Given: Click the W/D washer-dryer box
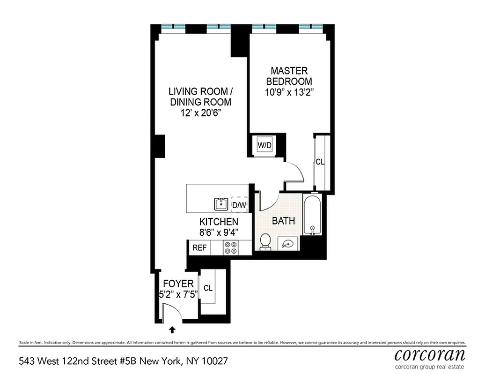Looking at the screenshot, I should pos(265,145).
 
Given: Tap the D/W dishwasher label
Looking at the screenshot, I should pos(239,205).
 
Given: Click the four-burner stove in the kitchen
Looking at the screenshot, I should pos(230,247).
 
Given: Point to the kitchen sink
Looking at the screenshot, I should pos(221,204).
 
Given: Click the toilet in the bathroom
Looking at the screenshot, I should pos(265,241).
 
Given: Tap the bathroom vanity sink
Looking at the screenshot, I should pos(287,243).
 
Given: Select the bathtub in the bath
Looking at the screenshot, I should pos(312,215).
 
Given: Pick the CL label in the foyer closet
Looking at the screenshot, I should pos(208,288).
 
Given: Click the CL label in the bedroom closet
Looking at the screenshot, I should pos(320,162).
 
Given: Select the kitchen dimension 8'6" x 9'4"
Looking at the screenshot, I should pos(219,232).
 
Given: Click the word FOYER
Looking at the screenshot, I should pos(178,284).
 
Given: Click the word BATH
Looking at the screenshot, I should pos(284,220).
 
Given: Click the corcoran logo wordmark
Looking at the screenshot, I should pos(430,353).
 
